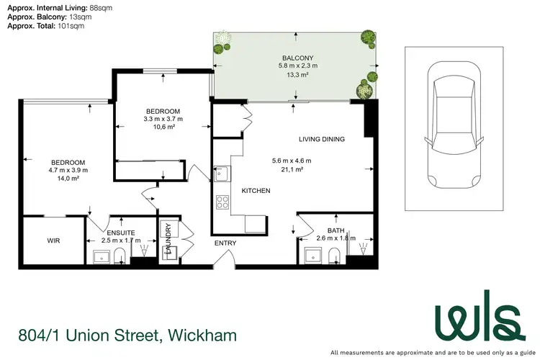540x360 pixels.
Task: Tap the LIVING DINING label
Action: [322, 139]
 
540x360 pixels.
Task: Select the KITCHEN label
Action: [256, 191]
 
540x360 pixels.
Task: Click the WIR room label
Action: [53, 240]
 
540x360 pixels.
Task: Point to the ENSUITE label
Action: [120, 233]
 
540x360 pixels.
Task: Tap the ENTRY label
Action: [225, 243]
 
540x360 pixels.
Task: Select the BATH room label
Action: [336, 230]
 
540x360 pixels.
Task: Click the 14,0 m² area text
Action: [68, 179]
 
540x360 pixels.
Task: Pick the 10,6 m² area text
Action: [164, 127]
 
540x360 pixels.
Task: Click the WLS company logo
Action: [476, 318]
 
